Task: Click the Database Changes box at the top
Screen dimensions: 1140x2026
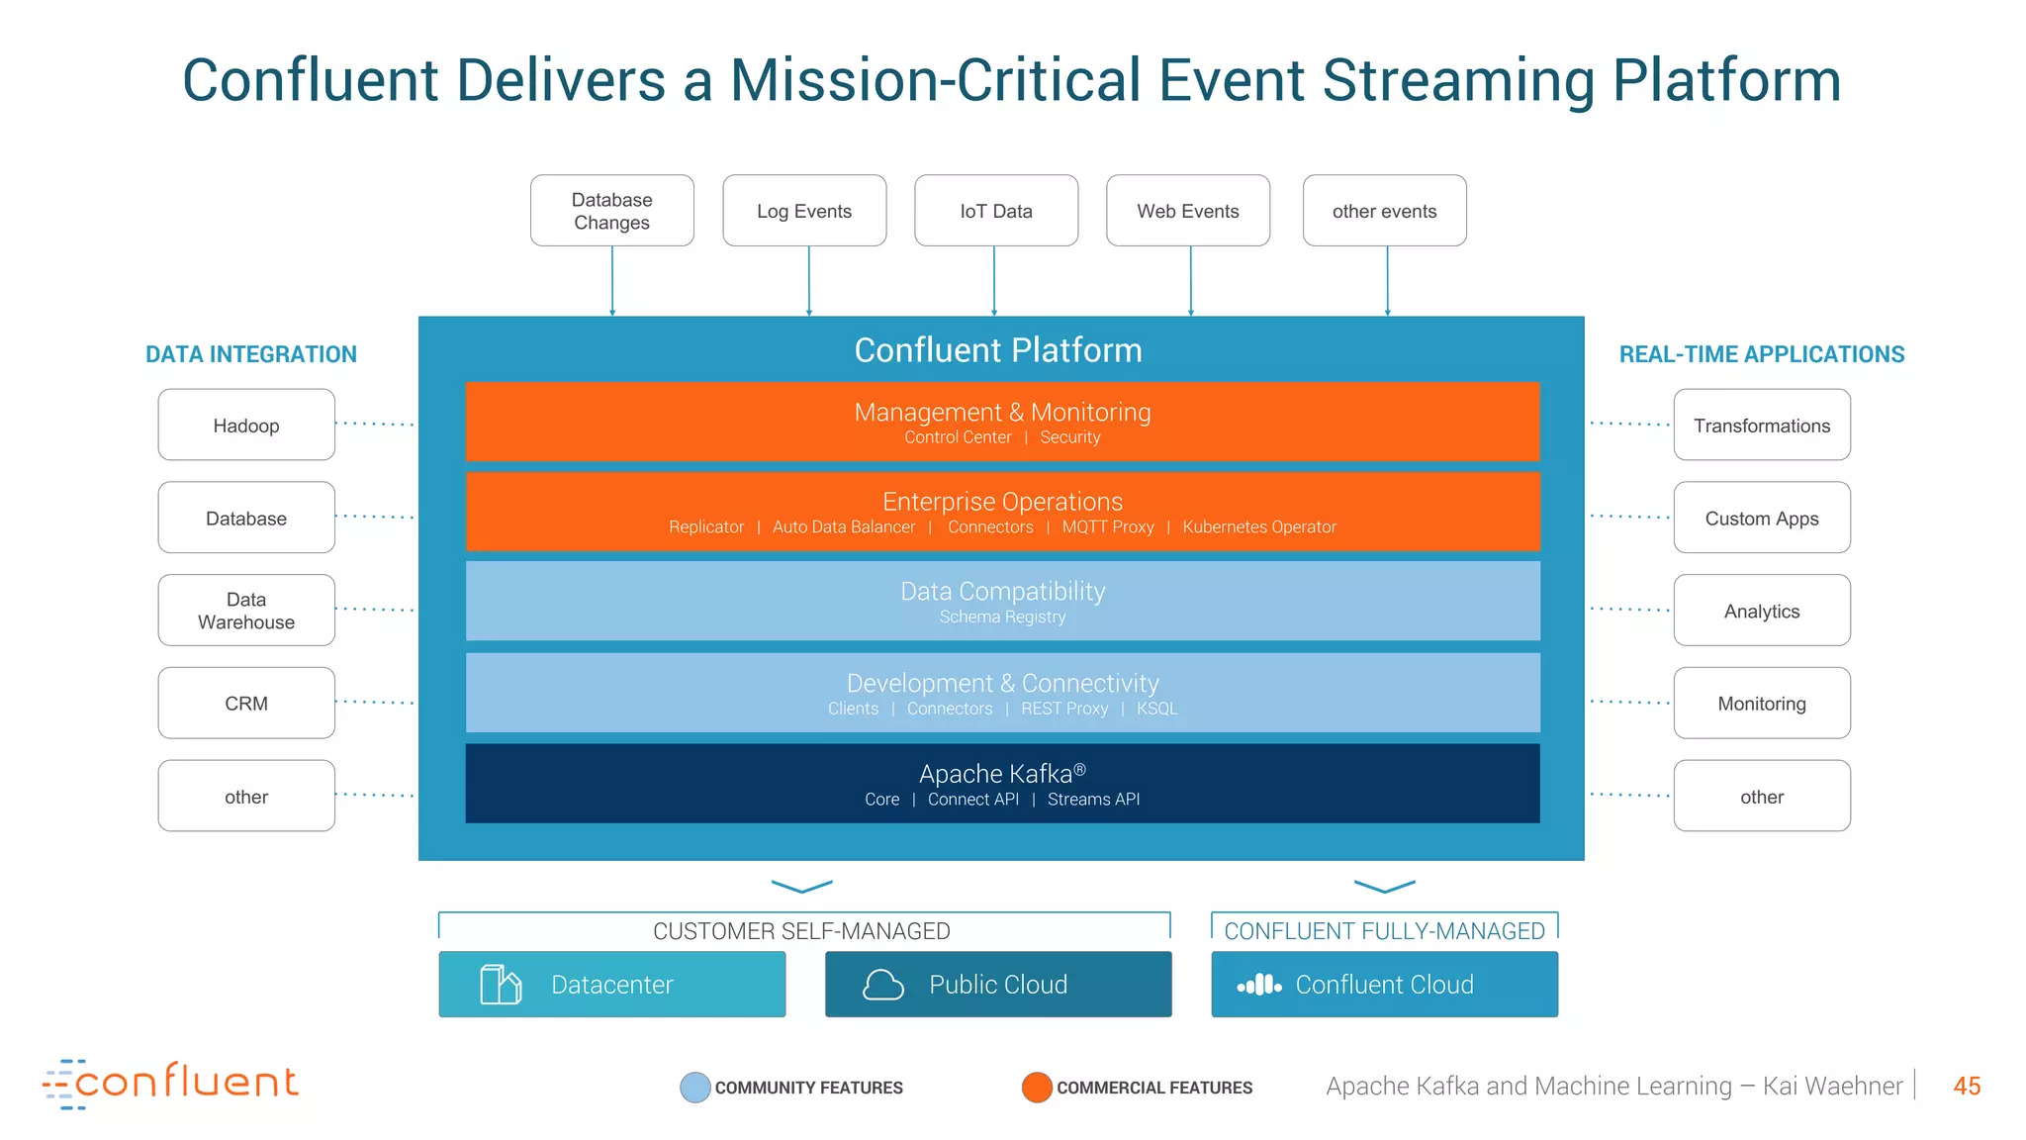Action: pos(611,211)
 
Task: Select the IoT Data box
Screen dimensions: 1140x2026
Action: pos(995,211)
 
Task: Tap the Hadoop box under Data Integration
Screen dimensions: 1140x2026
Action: pos(246,426)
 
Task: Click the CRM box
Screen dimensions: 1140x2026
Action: pos(246,704)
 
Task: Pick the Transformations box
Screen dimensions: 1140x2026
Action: pos(1761,426)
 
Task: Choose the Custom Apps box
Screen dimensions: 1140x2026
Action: pos(1761,519)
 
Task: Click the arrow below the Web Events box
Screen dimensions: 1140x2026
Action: pos(1190,281)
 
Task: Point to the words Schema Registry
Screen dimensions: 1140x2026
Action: pos(1002,617)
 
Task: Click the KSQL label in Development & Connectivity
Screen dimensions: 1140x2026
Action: pos(1156,709)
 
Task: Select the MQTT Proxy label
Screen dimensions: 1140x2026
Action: pos(1107,527)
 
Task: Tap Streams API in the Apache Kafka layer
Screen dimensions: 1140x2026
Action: pos(1093,800)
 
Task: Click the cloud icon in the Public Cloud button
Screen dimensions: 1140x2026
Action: pos(882,985)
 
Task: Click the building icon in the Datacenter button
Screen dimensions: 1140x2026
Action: pos(501,985)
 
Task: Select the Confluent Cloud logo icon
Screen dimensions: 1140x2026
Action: pos(1259,986)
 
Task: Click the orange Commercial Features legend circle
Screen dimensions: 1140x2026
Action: pos(1036,1087)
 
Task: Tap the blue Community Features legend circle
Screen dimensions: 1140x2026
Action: pos(695,1087)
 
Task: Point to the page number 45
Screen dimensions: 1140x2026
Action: pos(1966,1087)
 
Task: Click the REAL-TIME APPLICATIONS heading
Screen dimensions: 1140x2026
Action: pos(1761,354)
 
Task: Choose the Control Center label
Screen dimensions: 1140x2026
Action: pos(957,437)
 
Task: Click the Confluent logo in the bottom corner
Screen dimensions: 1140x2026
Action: pos(171,1084)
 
